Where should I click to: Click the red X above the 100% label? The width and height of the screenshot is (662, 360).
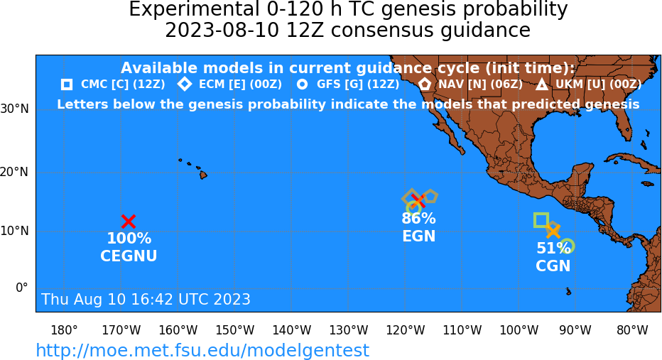coord(129,221)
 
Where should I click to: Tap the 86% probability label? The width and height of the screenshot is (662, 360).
coord(418,218)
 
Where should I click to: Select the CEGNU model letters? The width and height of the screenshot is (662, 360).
coord(129,256)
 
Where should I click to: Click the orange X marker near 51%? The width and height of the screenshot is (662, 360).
coord(553,231)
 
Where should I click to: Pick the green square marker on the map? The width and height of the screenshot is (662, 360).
coord(541,220)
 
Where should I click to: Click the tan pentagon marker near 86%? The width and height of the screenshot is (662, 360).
coord(430,196)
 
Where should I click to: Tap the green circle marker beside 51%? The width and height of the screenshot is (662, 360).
coord(568,246)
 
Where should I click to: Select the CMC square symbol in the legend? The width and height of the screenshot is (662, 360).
coord(67,84)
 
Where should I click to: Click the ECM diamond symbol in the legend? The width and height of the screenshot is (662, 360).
coord(185,84)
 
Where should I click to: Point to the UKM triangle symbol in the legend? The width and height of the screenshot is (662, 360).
coord(542,84)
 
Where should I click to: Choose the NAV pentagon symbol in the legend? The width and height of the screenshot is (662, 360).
coord(425,84)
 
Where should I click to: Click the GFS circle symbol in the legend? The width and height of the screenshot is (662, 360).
coord(303,84)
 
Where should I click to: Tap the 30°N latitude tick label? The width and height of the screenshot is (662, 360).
coord(15,109)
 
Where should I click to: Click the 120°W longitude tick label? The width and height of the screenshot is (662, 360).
coord(406,330)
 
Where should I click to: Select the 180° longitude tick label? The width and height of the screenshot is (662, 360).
coord(64,330)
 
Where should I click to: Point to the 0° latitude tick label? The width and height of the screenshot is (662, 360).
coord(22,288)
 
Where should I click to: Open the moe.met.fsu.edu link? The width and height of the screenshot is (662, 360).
coord(202,350)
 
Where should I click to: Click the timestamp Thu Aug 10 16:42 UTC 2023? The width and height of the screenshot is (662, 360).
coord(146,299)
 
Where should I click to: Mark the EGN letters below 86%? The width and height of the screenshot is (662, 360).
coord(418,236)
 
